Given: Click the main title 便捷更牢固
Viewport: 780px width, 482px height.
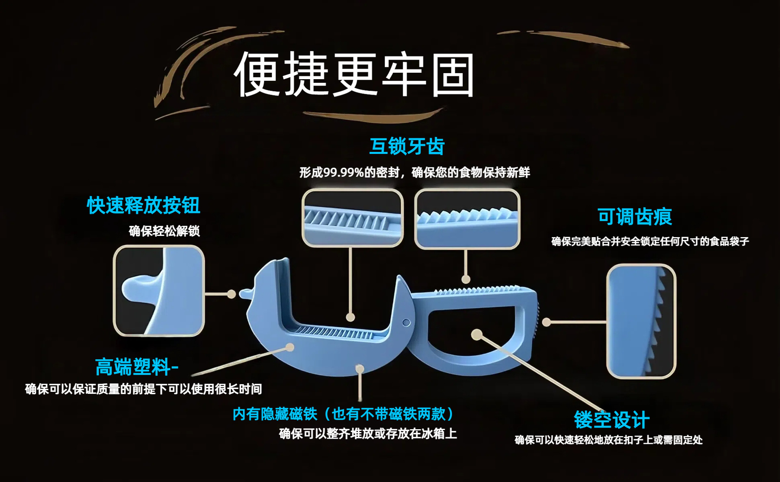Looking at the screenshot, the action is [354, 74].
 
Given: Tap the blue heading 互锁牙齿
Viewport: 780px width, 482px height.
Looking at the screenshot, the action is [407, 146].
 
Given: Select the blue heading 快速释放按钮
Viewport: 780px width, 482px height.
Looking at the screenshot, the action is [143, 205].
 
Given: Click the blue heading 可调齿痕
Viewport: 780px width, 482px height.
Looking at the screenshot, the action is [635, 216].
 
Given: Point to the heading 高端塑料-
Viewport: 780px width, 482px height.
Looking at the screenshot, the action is [137, 367].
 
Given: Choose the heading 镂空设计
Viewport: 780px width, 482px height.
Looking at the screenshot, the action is [611, 419].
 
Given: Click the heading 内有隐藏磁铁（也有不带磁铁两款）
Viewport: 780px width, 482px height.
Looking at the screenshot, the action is [343, 414].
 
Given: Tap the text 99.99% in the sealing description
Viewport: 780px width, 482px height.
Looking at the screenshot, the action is [343, 173].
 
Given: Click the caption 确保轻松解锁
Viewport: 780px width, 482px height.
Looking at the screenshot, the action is [164, 231].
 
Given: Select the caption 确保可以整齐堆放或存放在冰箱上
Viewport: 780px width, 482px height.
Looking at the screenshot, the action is [368, 434].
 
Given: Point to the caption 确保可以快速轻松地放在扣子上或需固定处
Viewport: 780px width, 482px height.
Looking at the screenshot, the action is [608, 440].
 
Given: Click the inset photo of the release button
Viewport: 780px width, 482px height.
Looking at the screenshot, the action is [158, 291].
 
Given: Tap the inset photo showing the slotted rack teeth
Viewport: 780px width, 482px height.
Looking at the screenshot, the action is [352, 218].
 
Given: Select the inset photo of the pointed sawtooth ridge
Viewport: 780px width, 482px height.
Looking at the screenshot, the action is [467, 218].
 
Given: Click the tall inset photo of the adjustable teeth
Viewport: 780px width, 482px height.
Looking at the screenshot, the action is [641, 321].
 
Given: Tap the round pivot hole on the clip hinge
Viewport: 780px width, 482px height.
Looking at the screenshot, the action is [406, 323].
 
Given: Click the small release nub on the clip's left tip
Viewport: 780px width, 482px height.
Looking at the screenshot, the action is [245, 293].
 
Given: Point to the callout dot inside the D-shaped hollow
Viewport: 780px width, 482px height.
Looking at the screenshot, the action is [477, 335].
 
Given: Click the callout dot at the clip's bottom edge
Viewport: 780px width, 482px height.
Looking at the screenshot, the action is [359, 369].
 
